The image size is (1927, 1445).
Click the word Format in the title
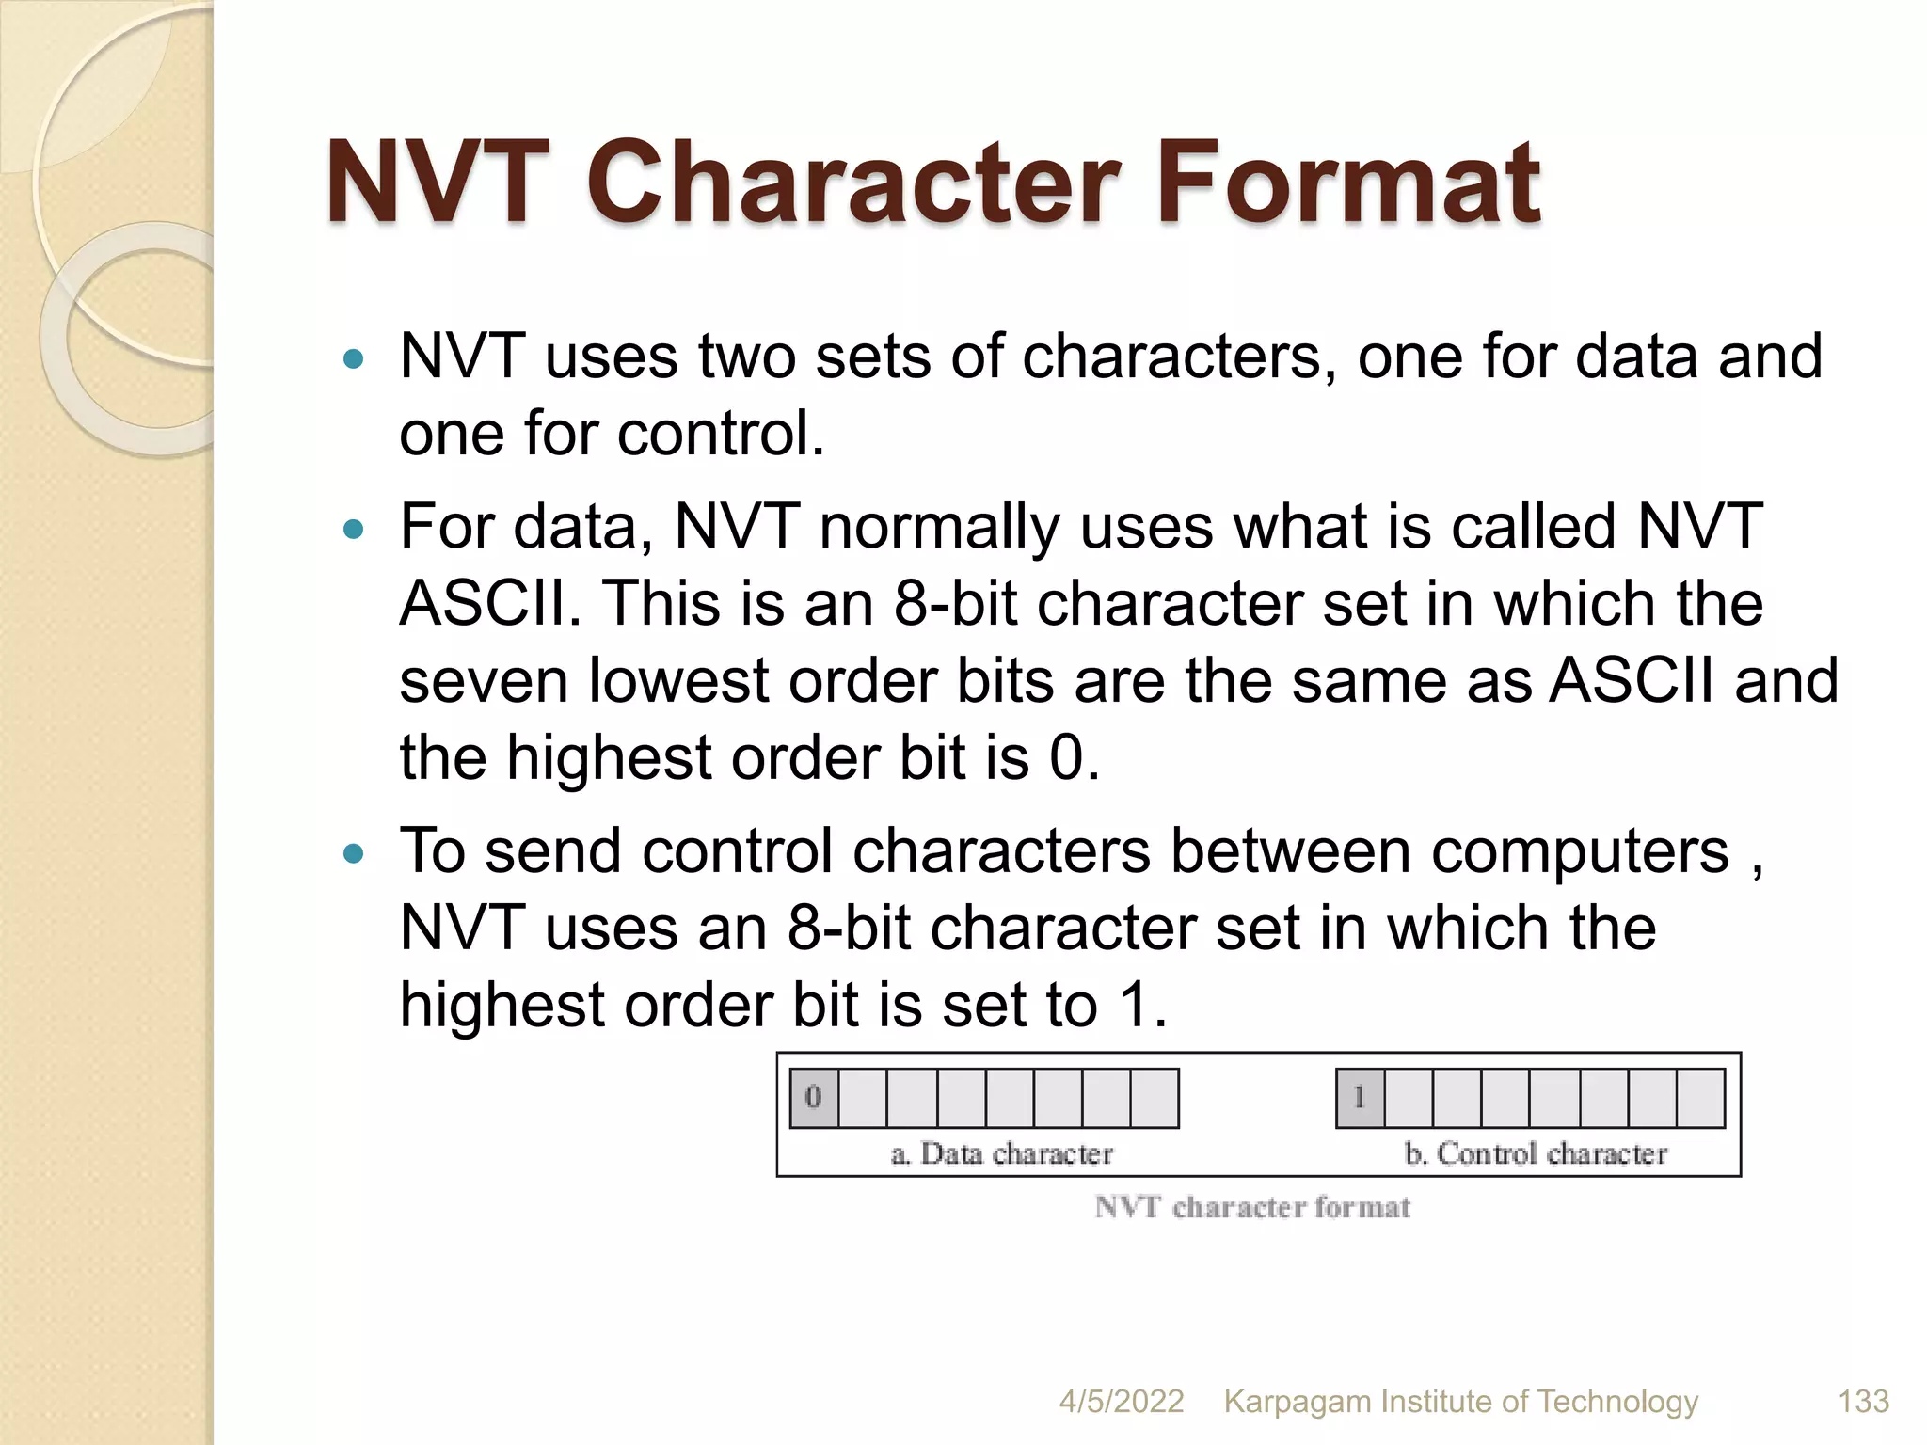click(1347, 183)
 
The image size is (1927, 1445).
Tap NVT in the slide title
click(437, 183)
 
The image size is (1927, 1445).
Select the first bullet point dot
click(354, 358)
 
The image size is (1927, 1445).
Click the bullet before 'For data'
click(354, 529)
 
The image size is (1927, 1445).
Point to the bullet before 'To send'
click(354, 853)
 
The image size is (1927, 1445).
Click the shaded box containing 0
click(814, 1097)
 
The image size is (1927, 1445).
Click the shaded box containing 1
click(1360, 1097)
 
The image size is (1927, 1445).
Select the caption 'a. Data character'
click(1001, 1153)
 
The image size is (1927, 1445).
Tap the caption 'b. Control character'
click(1535, 1153)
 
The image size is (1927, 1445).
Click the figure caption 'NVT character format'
click(1252, 1207)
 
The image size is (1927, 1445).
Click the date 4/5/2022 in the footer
click(1121, 1402)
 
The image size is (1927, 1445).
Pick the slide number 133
click(1863, 1402)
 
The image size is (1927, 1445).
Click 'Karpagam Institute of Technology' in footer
click(1460, 1402)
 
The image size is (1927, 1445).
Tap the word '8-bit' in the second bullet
click(954, 603)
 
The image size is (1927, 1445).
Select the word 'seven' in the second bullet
click(484, 681)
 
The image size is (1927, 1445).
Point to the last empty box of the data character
click(1155, 1097)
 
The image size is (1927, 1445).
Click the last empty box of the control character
click(1700, 1097)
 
